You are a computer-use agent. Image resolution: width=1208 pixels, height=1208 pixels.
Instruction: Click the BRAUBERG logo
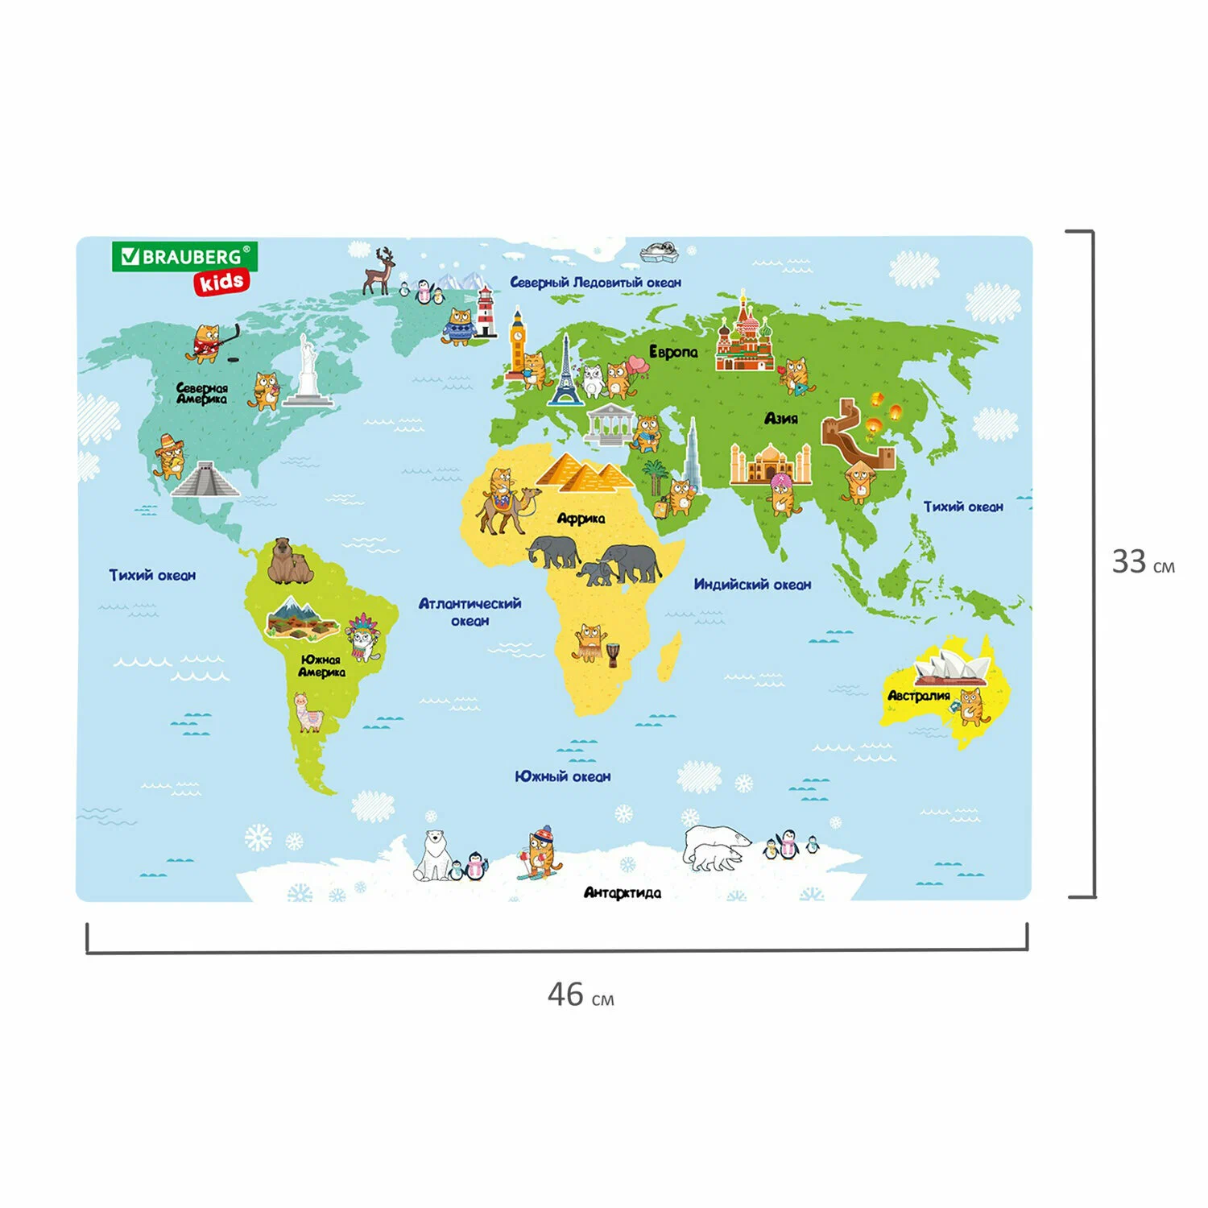pos(184,257)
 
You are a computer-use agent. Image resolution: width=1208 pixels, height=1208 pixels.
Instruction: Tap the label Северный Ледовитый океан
pos(595,283)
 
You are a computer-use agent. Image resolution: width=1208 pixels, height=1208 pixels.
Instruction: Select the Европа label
pos(673,352)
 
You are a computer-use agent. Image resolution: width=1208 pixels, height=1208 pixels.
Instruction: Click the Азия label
pos(781,418)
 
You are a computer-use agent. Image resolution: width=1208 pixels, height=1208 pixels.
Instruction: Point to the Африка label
pos(581,519)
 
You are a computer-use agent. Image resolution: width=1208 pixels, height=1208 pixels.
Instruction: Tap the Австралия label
pos(918,696)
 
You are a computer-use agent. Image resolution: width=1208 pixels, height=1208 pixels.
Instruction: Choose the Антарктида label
pos(622,892)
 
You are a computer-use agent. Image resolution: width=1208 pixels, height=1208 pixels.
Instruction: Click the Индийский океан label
pos(752,585)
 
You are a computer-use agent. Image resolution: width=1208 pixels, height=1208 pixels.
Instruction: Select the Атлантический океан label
pos(470,611)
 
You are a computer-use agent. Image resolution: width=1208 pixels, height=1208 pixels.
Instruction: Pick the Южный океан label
pos(563,776)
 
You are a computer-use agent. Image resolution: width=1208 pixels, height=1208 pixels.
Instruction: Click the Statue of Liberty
pos(307,370)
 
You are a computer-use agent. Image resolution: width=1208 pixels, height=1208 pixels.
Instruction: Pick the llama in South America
pos(308,712)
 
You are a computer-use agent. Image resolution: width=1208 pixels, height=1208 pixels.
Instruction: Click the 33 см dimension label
pos(1143,562)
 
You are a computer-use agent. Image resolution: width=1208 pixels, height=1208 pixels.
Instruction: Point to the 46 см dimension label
pos(580,995)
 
